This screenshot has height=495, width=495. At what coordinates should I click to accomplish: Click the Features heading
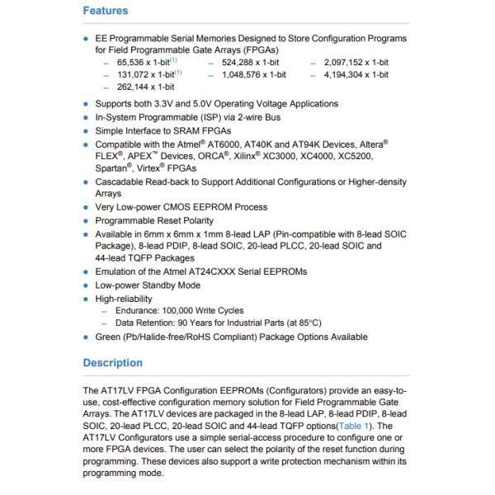(106, 11)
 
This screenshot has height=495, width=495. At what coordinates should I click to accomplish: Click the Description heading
(113, 362)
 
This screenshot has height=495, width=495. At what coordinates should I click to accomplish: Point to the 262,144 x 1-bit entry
(144, 87)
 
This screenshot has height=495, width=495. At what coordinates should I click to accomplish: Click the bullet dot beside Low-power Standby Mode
(87, 285)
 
